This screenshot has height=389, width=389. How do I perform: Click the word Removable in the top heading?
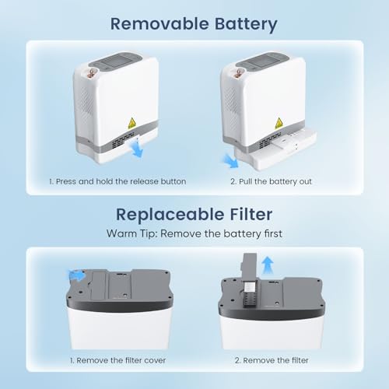159,24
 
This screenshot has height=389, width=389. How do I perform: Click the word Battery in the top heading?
246,25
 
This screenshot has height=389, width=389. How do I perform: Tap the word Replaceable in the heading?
170,215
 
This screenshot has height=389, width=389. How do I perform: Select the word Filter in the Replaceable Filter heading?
251,214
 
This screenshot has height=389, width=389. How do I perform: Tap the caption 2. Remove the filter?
272,360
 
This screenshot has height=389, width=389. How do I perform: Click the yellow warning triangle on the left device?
131,124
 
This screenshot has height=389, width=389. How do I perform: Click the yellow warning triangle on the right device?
279,123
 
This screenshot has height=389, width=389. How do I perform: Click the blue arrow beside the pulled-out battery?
230,161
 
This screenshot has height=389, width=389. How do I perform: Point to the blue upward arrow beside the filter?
268,265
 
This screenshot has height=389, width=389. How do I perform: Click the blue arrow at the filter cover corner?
76,275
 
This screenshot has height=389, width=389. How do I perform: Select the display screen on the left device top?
114,61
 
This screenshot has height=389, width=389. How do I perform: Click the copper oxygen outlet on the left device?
92,72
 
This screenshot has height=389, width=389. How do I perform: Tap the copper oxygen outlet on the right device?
238,73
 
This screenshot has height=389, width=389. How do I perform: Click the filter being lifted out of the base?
250,279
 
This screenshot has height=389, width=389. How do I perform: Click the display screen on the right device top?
261,61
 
